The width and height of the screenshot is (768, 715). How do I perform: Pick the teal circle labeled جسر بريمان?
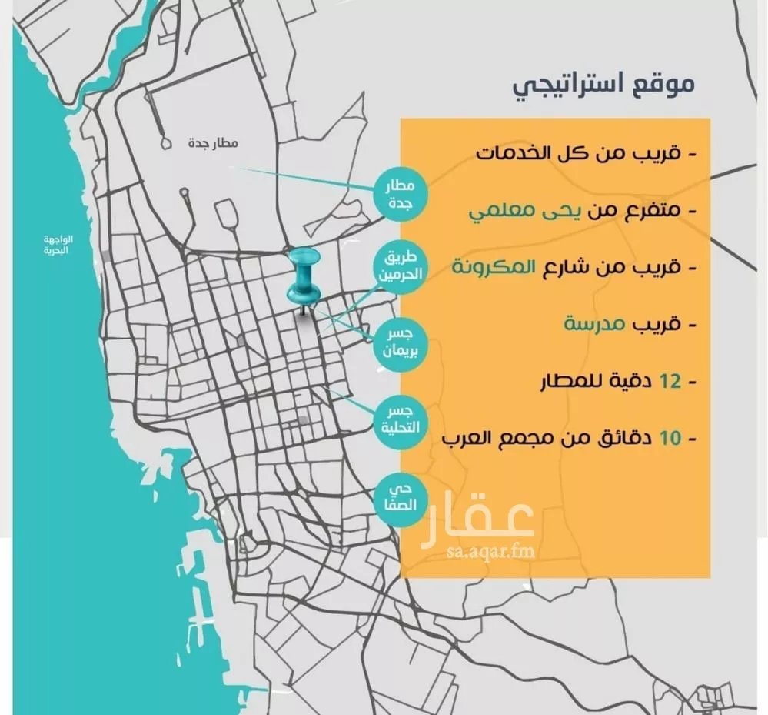tap(399, 342)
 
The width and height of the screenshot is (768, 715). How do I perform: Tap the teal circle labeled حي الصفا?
tap(399, 497)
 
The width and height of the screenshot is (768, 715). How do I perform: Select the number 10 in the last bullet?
tap(671, 439)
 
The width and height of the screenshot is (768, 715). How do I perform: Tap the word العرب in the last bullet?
tap(470, 439)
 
